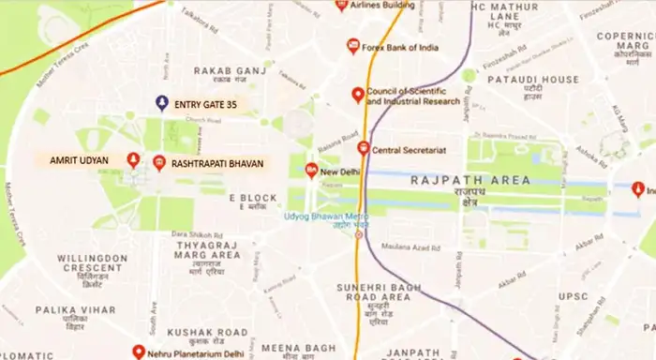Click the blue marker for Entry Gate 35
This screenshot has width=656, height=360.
tap(162, 102)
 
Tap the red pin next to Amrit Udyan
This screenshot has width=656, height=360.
tap(133, 160)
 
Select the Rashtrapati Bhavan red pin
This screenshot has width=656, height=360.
tap(159, 162)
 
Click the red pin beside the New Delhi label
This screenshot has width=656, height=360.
tap(311, 171)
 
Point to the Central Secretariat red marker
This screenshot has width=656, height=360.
tap(363, 148)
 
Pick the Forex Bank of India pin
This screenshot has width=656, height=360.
tap(353, 45)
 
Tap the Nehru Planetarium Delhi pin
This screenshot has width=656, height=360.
tap(139, 352)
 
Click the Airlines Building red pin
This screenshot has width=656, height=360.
tap(342, 6)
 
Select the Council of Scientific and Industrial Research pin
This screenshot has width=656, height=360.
tap(357, 94)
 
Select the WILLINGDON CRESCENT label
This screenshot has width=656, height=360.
tap(92, 263)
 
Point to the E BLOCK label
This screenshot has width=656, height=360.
tap(253, 198)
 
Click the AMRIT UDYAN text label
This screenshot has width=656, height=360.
tap(79, 161)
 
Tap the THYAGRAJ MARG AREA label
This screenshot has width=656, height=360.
tap(208, 249)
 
